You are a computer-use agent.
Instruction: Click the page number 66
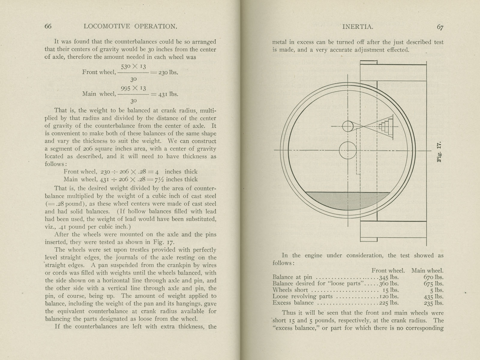click(x=48, y=26)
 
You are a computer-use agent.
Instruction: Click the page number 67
click(x=440, y=27)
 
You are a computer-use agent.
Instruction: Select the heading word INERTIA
click(x=358, y=27)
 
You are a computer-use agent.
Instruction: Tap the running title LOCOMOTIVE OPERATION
click(x=130, y=26)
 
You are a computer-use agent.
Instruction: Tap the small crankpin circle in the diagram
click(x=348, y=126)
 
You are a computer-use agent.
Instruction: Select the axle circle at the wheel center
click(x=348, y=150)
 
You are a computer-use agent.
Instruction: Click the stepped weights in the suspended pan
click(x=384, y=127)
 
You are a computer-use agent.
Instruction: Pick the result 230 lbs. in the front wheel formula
click(x=168, y=72)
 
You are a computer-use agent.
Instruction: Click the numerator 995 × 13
click(x=133, y=88)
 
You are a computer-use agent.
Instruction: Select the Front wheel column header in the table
click(x=388, y=271)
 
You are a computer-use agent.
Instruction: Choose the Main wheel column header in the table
click(x=427, y=271)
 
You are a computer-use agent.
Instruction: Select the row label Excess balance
click(x=293, y=303)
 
